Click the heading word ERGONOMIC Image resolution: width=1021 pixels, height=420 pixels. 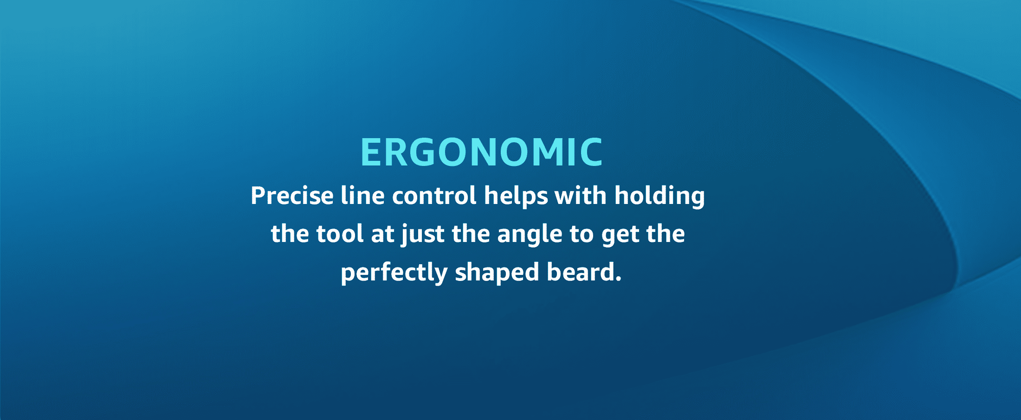[482, 152]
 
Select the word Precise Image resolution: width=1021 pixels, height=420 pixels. [292, 196]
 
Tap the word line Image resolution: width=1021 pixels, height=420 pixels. [362, 195]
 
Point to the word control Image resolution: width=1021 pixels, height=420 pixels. [434, 195]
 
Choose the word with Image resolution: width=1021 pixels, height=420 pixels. [581, 195]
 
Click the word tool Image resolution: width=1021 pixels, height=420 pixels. [340, 233]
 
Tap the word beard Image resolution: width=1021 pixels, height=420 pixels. [580, 272]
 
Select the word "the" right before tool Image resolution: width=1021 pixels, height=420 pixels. [290, 233]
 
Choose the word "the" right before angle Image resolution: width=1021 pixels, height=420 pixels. [471, 233]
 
